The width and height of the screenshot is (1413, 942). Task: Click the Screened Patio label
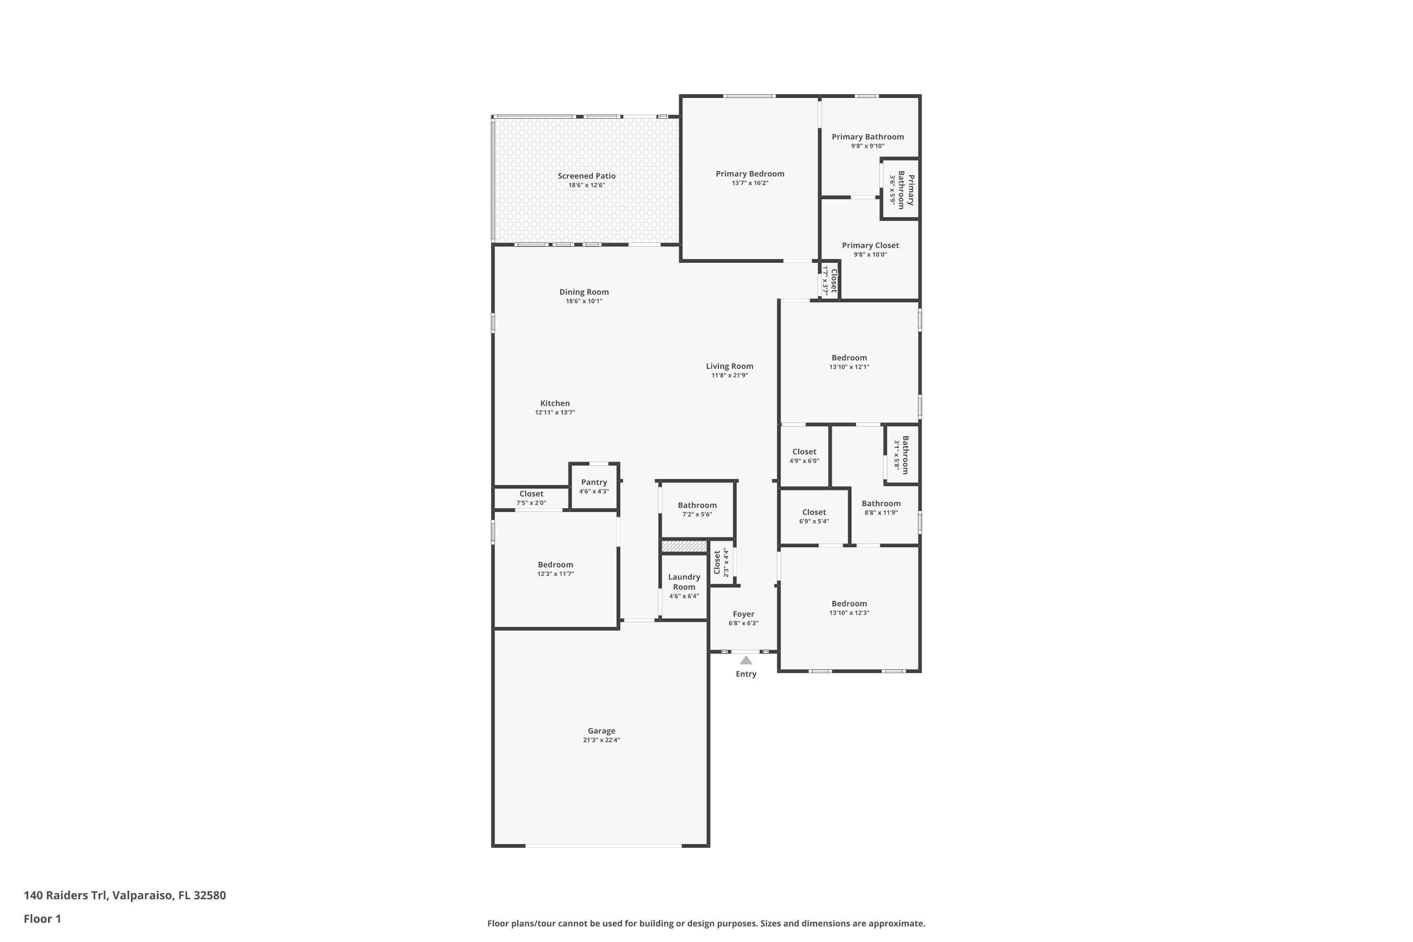pos(586,176)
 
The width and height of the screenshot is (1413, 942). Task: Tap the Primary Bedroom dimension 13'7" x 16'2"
pos(750,183)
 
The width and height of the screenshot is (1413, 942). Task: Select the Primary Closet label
pos(870,245)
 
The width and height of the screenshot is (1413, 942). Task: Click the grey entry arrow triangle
pos(746,660)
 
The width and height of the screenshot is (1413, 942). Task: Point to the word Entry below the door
pos(746,674)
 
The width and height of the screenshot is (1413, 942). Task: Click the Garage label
pos(601,731)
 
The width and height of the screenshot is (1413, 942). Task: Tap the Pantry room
pos(593,486)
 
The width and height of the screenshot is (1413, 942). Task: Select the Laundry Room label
pos(684,582)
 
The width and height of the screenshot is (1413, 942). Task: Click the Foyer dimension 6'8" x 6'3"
pos(743,624)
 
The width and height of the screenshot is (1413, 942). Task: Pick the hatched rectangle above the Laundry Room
pos(684,546)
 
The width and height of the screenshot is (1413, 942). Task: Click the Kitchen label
pos(554,403)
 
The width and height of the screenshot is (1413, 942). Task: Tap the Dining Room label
pos(584,292)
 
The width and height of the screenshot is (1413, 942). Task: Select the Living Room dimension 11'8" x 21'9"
pos(729,375)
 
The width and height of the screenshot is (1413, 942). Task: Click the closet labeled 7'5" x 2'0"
pos(531,498)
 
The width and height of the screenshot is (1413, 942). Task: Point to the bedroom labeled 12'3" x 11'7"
pos(555,568)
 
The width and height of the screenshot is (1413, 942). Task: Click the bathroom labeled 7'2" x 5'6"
pos(697,509)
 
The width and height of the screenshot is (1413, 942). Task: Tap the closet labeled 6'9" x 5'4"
pos(813,516)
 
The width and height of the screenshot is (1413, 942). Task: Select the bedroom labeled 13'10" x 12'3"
pos(849,608)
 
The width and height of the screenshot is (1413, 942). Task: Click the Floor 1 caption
pos(42,918)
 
